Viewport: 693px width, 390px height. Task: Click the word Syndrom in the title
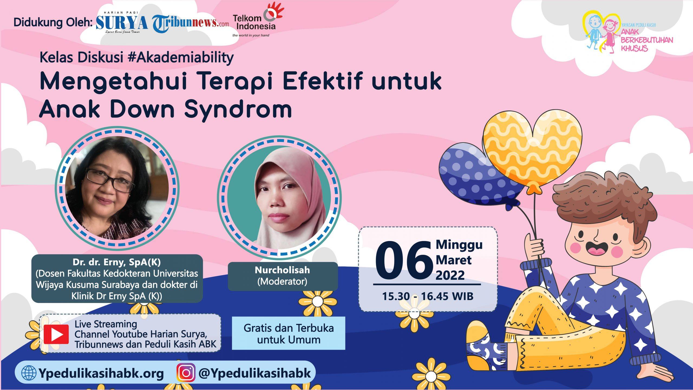click(238, 108)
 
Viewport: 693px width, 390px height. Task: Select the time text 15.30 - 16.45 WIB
click(428, 296)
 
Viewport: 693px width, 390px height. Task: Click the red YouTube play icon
click(56, 334)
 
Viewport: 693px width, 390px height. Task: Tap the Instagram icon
click(186, 373)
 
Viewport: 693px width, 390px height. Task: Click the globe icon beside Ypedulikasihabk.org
click(29, 373)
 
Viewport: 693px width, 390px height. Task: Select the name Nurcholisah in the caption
click(282, 270)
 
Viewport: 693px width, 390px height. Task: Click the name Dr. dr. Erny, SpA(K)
click(117, 262)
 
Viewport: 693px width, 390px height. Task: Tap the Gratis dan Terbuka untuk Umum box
click(289, 333)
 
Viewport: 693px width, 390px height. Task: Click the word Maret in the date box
click(453, 260)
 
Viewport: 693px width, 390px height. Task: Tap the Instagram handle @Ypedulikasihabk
click(255, 373)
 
